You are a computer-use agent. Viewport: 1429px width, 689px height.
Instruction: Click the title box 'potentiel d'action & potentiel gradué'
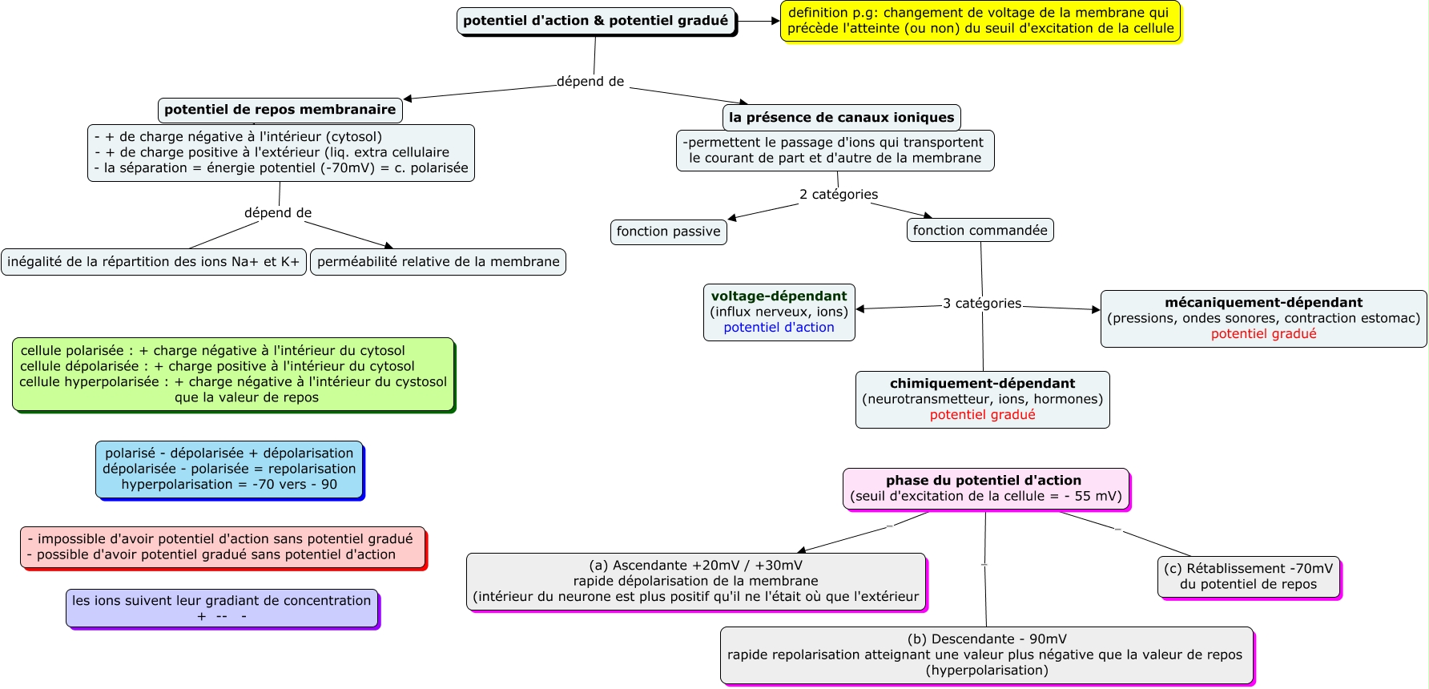(x=596, y=22)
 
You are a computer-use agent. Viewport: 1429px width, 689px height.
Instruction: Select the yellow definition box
(x=980, y=21)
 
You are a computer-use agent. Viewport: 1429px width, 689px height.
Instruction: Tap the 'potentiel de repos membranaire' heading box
(x=280, y=110)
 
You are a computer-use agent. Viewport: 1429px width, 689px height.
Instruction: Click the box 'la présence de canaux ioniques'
(x=841, y=118)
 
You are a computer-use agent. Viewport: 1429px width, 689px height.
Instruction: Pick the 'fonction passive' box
(x=669, y=232)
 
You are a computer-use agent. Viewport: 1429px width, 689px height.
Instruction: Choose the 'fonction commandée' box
(x=980, y=231)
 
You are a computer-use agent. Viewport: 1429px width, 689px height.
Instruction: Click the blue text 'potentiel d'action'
(x=779, y=327)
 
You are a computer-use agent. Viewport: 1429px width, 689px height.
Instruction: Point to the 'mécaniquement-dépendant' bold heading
(x=1263, y=303)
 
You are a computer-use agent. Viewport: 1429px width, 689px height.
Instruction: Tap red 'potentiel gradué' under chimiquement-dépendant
(x=982, y=414)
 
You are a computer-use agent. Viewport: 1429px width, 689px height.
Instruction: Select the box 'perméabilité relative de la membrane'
(x=438, y=262)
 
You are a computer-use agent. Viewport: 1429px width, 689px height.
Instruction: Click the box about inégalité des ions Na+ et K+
(x=154, y=262)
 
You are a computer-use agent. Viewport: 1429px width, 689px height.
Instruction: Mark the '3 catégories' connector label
(x=982, y=304)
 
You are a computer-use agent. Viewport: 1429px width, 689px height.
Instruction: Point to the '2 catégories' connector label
(x=839, y=195)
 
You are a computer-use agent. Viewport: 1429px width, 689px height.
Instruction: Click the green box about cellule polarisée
(x=234, y=375)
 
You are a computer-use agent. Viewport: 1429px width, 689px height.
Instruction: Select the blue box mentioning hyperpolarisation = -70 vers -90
(x=230, y=470)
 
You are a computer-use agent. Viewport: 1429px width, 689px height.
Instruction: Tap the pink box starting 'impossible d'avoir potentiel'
(x=223, y=548)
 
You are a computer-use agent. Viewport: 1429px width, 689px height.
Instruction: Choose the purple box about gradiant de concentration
(x=223, y=610)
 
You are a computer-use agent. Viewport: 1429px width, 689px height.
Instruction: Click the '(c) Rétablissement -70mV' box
(x=1249, y=578)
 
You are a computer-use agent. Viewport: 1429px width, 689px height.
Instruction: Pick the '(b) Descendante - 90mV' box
(x=987, y=656)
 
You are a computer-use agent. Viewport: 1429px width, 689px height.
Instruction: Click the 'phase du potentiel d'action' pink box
(x=986, y=490)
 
